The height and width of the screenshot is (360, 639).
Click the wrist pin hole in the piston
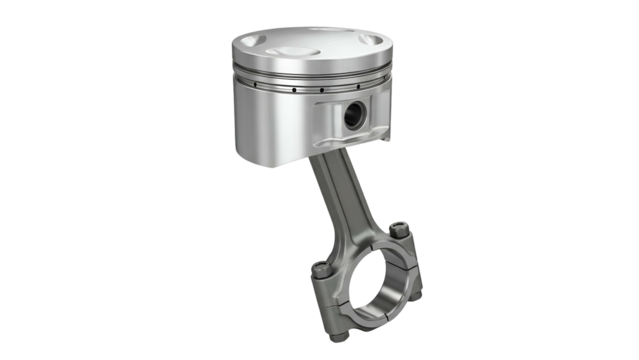point(353,116)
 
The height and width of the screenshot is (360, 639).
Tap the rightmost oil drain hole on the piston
point(381,87)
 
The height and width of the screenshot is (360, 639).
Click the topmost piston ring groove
point(300,74)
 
